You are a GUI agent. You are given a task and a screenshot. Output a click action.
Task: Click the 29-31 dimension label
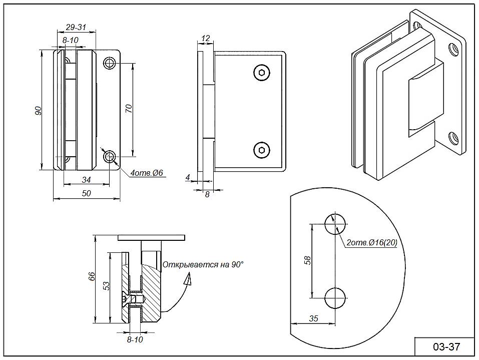[x=75, y=27]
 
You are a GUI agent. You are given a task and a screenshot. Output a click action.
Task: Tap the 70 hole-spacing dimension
[x=128, y=109]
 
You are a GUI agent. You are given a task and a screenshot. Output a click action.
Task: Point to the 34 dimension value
[x=86, y=180]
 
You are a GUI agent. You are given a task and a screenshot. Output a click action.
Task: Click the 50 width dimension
[x=86, y=194]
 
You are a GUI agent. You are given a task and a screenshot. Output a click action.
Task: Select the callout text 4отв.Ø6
[x=147, y=173]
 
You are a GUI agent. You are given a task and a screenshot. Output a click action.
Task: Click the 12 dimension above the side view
[x=205, y=38]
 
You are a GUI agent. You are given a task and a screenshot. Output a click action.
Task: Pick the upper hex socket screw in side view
[x=261, y=73]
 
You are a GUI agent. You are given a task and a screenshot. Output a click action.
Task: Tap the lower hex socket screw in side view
[x=261, y=149]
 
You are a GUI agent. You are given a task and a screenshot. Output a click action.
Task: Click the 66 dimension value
[x=92, y=277]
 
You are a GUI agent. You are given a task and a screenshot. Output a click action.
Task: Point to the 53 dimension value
[x=106, y=285]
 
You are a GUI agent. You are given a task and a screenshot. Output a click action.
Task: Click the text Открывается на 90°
[x=203, y=264]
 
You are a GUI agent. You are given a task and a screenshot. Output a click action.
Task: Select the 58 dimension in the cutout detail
[x=307, y=260]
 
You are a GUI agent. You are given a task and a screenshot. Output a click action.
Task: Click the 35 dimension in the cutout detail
[x=314, y=318]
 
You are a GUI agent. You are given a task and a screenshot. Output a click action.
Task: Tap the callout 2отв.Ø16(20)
[x=371, y=243]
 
